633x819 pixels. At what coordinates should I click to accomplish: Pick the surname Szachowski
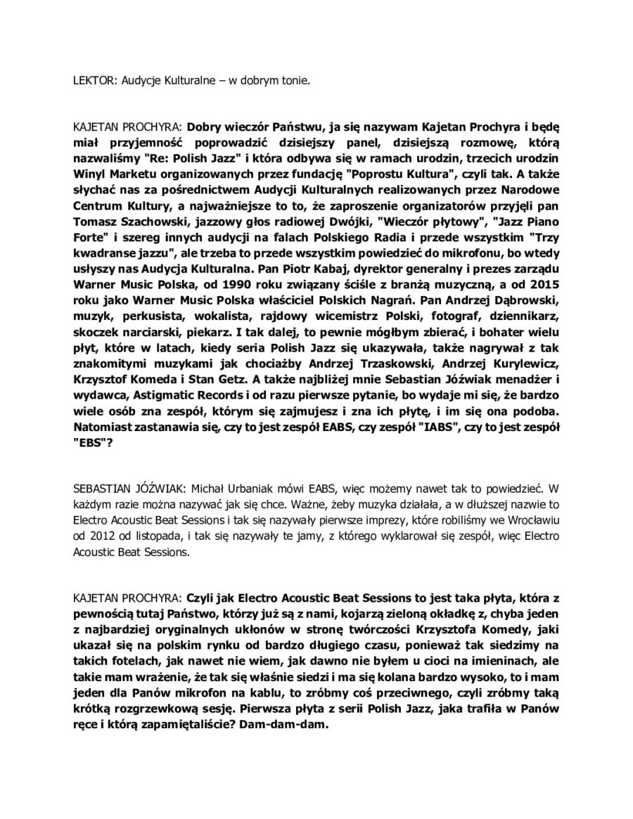(x=146, y=225)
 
